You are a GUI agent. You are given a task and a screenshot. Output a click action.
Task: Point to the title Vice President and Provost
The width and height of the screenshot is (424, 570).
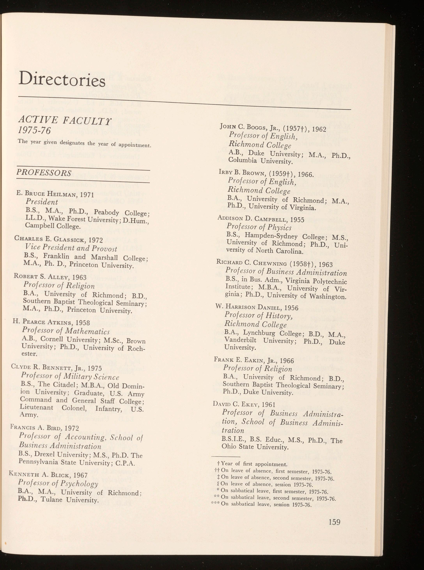(x=71, y=248)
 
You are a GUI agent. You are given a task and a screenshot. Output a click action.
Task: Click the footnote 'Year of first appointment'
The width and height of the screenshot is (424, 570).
(x=254, y=464)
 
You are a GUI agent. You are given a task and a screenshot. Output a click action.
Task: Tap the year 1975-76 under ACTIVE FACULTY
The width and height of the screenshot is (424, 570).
(x=34, y=131)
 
